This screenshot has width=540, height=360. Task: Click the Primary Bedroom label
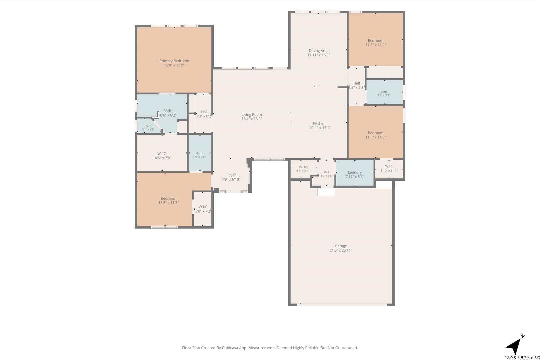(x=174, y=61)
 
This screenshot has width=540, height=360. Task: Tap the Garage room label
(x=341, y=246)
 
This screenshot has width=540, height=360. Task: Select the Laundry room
(x=355, y=172)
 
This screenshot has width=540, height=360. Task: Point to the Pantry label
(x=304, y=167)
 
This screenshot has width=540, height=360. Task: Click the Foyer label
(x=231, y=175)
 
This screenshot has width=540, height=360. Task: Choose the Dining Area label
(x=318, y=51)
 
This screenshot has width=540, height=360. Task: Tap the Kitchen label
(x=319, y=123)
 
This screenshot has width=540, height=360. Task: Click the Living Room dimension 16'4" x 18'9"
(x=252, y=119)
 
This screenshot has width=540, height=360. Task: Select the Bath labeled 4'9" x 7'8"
(x=199, y=153)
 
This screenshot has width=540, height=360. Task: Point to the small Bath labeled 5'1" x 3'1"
(x=148, y=126)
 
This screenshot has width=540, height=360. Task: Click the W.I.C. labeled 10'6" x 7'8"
(x=162, y=154)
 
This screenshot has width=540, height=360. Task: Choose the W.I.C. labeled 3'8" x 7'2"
(x=203, y=207)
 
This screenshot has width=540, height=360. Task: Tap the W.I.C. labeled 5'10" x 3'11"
(x=389, y=166)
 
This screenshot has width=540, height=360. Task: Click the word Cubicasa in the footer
(x=230, y=348)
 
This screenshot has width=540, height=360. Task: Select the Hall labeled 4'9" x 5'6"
(x=326, y=172)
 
